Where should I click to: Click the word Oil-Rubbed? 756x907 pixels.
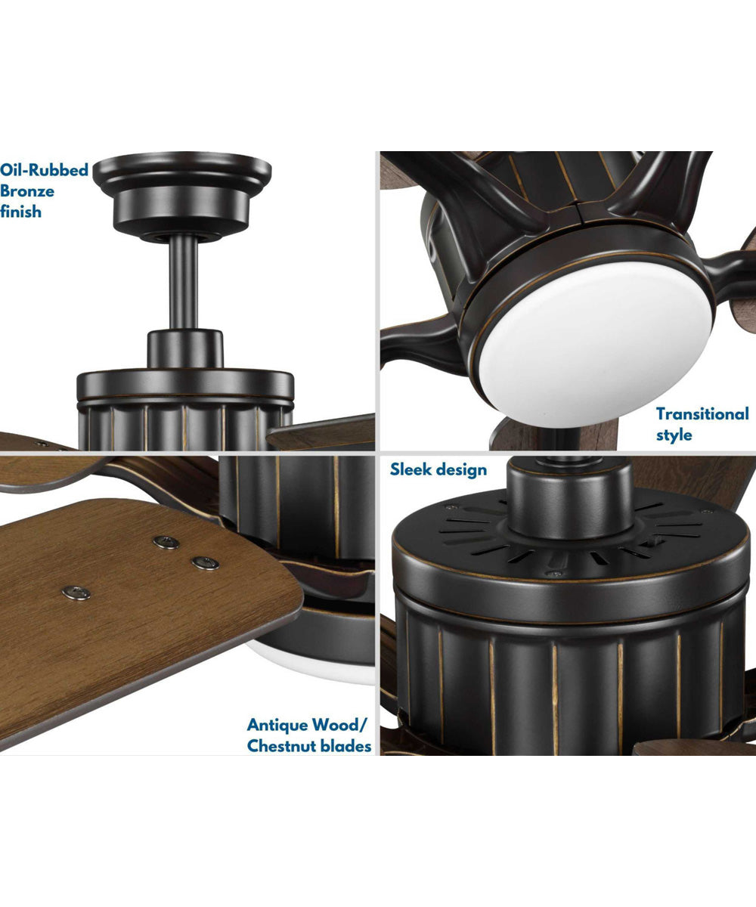click(44, 169)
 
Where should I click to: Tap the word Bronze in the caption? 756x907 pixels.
click(27, 190)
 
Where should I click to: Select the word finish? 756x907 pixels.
click(21, 212)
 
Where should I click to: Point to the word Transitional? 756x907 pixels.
click(702, 413)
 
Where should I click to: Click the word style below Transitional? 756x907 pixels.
click(674, 435)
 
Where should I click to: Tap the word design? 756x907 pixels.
click(462, 469)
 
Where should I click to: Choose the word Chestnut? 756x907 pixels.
click(283, 746)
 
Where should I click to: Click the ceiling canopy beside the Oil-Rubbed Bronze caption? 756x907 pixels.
click(184, 189)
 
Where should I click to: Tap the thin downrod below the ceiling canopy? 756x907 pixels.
click(184, 280)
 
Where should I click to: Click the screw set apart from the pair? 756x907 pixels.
click(76, 593)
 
